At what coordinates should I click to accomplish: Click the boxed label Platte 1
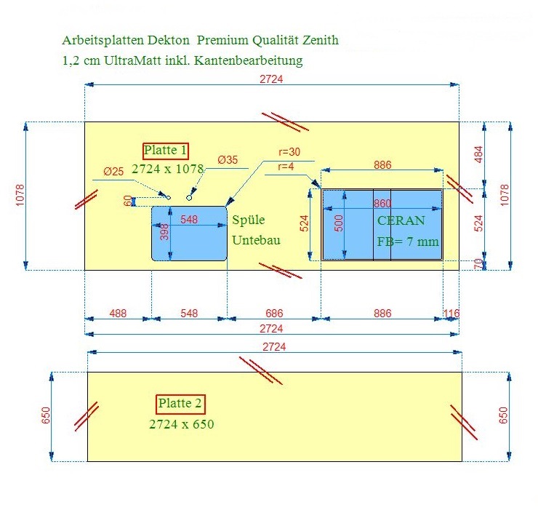coord(166,151)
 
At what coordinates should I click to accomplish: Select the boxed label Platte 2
coord(180,405)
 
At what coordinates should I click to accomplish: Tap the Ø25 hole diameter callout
coord(113,172)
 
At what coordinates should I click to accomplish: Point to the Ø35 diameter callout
coord(228,160)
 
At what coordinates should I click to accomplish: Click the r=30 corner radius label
coord(289,152)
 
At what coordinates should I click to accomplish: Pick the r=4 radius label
coord(286,167)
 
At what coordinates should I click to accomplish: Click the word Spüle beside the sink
coord(249,220)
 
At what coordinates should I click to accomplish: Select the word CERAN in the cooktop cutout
coord(401,220)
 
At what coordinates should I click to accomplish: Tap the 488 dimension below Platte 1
coord(118,314)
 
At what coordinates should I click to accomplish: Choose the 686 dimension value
coord(274,314)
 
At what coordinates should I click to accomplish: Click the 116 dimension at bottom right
coord(451,314)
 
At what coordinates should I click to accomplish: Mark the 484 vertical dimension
coord(478,154)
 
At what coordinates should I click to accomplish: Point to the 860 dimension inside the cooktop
coord(382,204)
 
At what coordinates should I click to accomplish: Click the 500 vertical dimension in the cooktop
coord(339,223)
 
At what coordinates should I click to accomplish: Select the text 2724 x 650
coord(182,424)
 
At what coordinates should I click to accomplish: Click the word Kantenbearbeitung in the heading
coord(249,61)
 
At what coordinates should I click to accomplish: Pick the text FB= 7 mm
coord(408,242)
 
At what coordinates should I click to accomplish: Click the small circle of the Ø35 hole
coord(189,198)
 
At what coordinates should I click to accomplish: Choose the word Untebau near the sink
coord(256,240)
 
